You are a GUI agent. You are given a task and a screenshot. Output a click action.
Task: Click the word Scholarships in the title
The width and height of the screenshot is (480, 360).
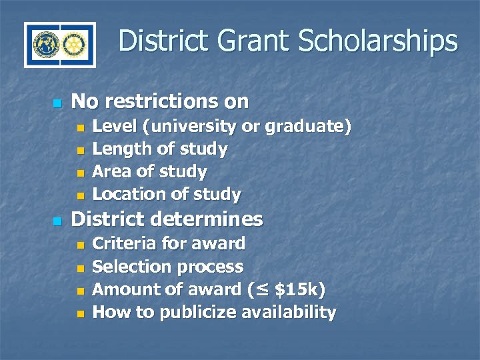pyautogui.click(x=378, y=41)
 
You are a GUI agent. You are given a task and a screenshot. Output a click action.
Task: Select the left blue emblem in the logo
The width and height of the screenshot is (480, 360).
pyautogui.click(x=45, y=45)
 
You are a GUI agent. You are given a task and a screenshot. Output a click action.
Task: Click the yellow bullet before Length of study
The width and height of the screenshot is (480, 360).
pyautogui.click(x=81, y=151)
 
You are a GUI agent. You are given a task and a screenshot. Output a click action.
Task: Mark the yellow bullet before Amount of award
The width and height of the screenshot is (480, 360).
pyautogui.click(x=81, y=291)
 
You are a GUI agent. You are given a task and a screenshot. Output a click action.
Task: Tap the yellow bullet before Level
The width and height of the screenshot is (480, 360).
pyautogui.click(x=81, y=128)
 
